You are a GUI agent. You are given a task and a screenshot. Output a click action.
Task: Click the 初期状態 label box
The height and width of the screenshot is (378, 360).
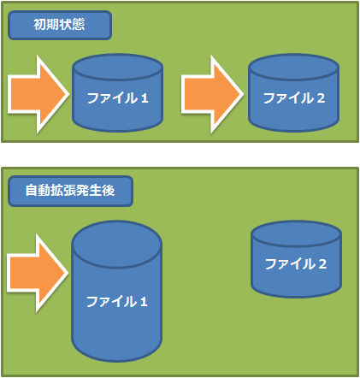60,25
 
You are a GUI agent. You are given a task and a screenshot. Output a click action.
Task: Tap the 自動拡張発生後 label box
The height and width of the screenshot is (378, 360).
70,191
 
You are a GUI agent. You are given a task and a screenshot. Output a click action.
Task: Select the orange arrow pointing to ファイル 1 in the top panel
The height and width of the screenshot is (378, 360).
38,94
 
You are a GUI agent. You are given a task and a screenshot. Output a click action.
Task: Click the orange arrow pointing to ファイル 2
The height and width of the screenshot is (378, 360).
212,94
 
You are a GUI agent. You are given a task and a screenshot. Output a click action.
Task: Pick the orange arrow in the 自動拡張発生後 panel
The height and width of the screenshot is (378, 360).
38,273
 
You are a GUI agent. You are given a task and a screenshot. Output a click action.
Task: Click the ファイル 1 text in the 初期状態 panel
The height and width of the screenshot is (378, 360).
117,98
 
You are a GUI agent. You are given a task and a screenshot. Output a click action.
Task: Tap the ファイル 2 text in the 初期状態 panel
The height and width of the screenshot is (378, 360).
294,98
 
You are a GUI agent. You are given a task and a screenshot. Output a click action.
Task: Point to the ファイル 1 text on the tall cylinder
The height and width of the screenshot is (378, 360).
117,302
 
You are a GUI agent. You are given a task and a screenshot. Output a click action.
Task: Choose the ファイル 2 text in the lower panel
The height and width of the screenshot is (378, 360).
296,264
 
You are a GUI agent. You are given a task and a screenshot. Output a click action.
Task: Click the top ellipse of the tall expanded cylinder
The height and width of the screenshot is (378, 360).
117,245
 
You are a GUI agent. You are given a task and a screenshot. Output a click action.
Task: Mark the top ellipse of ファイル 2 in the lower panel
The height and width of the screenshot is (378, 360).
296,234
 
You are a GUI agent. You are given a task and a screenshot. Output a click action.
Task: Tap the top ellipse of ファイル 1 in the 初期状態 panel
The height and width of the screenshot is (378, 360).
117,68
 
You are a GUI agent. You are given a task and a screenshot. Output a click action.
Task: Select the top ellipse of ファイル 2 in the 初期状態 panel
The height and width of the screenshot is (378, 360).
293,68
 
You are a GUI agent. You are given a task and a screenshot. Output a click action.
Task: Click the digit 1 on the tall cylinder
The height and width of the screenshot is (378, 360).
144,302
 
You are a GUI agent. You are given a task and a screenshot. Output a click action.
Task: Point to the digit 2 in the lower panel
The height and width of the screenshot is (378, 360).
322,264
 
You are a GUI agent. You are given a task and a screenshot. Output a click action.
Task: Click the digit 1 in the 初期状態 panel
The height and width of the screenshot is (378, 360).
145,98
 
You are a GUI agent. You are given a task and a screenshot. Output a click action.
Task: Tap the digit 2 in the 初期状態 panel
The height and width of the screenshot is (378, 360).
321,98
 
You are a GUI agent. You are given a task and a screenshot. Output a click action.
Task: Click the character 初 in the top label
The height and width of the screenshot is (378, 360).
40,25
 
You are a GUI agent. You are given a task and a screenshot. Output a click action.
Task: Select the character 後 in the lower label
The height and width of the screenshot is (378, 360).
109,191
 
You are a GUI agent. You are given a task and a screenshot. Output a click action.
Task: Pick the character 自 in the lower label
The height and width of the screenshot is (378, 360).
32,191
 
